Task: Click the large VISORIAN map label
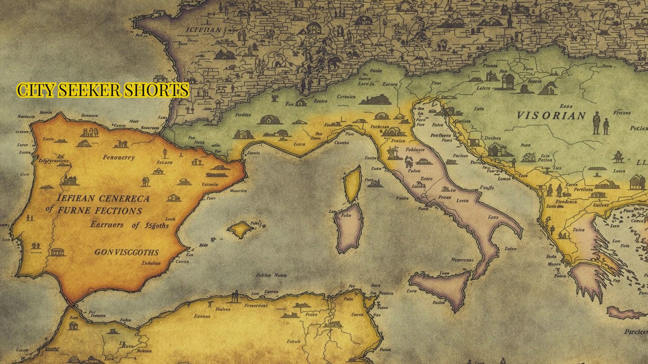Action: click(551, 116)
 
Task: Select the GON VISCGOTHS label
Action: click(127, 252)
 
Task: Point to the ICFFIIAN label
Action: click(204, 30)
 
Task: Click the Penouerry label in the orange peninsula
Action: click(118, 157)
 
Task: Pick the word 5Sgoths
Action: click(156, 225)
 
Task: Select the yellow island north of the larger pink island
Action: click(352, 185)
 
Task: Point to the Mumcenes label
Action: click(462, 260)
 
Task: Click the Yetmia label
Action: click(210, 184)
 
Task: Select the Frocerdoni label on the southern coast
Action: click(256, 306)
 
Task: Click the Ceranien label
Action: click(346, 97)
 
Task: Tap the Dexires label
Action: click(492, 138)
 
